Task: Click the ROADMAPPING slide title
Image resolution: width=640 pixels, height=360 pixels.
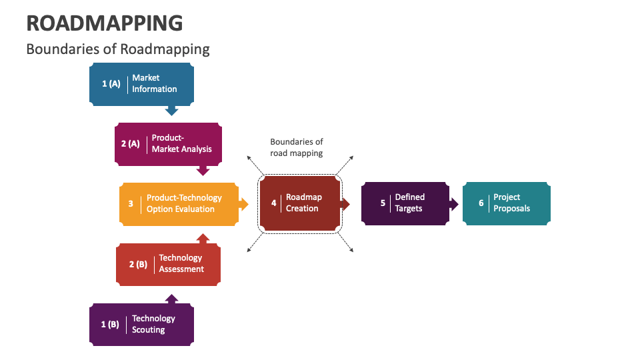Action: coord(104,23)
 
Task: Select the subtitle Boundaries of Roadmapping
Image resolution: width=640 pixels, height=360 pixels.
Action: coord(117,49)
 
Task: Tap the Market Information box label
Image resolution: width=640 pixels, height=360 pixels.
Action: coord(154,83)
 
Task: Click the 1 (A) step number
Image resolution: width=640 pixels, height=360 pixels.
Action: coord(111,84)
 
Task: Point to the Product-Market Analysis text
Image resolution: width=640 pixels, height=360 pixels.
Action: coord(181,143)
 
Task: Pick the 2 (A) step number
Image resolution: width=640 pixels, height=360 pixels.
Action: coord(130,143)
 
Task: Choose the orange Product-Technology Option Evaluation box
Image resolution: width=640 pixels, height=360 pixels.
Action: coord(179,203)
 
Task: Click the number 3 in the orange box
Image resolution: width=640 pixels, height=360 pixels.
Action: coord(131,203)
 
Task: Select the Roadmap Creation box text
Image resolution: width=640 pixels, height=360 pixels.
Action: coord(303,203)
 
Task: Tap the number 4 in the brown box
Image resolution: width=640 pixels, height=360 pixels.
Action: coord(273,203)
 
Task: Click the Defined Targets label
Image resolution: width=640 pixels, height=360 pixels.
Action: coord(409,203)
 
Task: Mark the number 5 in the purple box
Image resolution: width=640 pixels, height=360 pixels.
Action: coord(383,203)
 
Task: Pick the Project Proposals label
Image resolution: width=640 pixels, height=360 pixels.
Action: coord(511,203)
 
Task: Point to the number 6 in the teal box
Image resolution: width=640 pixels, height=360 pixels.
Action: coord(481,203)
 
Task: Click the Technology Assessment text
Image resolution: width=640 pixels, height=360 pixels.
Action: coord(181,263)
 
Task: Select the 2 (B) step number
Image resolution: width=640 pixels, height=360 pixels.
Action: coord(138,264)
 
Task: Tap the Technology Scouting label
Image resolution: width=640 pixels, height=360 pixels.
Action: coord(153,324)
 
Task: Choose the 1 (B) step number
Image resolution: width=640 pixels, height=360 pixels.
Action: coord(110,325)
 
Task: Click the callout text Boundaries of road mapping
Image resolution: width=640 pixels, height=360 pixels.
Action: coord(296,147)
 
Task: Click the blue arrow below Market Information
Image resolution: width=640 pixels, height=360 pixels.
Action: coord(171,110)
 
